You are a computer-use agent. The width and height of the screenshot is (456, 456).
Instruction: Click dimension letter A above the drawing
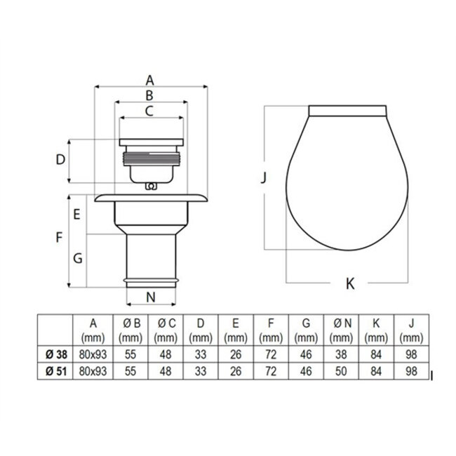coord(150,79)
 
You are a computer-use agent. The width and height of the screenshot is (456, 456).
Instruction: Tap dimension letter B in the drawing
coord(149,95)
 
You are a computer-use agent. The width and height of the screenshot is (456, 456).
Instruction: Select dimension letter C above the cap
coord(149,110)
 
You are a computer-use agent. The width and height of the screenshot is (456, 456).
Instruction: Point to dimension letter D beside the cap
coord(60,160)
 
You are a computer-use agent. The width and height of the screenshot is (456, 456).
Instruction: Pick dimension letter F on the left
coord(60,237)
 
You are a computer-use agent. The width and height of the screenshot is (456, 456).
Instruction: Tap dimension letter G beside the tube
coord(78,258)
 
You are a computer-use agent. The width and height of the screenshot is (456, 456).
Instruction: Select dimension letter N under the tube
coord(151,297)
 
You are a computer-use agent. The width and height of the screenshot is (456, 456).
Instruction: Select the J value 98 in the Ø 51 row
coord(412,369)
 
